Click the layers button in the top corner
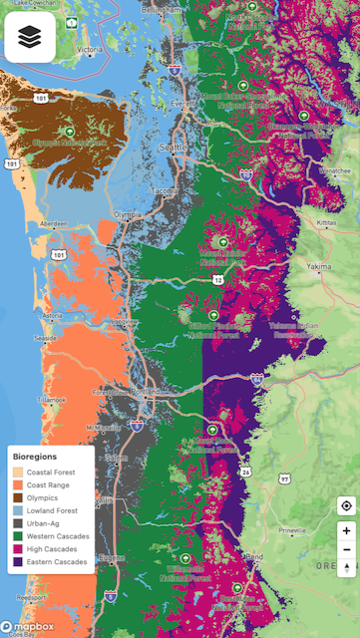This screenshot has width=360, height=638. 30,37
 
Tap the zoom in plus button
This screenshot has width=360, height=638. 345,531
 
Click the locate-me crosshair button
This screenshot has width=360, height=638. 345,504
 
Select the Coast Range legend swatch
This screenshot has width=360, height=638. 17,484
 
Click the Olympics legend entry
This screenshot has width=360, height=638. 42,497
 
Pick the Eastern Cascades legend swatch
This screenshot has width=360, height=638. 17,562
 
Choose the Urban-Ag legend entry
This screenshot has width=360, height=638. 43,523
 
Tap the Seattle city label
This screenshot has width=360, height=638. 173,148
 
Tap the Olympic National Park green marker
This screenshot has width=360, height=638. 69,131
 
